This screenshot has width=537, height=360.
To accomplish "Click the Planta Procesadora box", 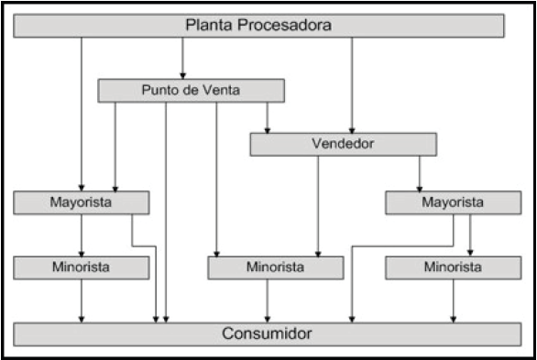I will (258, 26).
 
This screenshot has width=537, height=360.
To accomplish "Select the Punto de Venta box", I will (191, 90).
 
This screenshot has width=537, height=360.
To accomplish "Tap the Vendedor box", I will (342, 144).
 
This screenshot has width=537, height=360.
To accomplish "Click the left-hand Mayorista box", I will (82, 202).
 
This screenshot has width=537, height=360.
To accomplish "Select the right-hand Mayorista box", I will (447, 202).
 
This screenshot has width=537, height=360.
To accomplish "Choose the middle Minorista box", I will (275, 267).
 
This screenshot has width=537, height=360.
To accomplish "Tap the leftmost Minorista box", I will (82, 267).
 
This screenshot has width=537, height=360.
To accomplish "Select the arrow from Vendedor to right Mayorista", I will (420, 172).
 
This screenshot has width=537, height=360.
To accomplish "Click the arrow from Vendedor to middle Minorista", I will (318, 205).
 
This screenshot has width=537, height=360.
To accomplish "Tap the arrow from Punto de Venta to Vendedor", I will (267, 116).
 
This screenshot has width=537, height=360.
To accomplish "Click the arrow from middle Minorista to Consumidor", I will (267, 300).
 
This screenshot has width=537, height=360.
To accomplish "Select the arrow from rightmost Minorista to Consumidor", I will (453, 300).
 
